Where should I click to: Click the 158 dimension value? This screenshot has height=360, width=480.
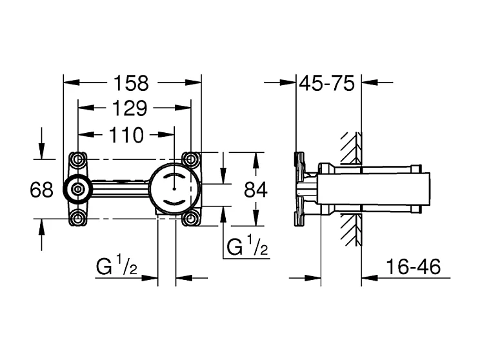click(131, 83)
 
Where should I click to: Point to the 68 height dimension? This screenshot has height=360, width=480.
click(41, 190)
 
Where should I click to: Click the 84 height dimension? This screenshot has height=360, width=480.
click(256, 190)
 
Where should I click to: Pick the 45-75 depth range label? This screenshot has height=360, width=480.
click(328, 83)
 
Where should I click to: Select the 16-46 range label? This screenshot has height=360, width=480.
click(410, 267)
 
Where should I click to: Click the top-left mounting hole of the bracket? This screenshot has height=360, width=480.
click(78, 159)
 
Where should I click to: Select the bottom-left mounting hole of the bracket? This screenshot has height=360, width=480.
click(78, 218)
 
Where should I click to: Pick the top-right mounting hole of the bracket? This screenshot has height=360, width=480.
click(191, 159)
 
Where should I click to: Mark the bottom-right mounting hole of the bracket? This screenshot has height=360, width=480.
click(191, 218)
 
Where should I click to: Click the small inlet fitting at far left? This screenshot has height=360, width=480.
click(77, 189)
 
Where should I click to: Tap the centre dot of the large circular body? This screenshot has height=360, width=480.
click(174, 189)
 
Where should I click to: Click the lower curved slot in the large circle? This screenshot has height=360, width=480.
click(174, 202)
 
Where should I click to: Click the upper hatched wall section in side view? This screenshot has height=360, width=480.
click(351, 147)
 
